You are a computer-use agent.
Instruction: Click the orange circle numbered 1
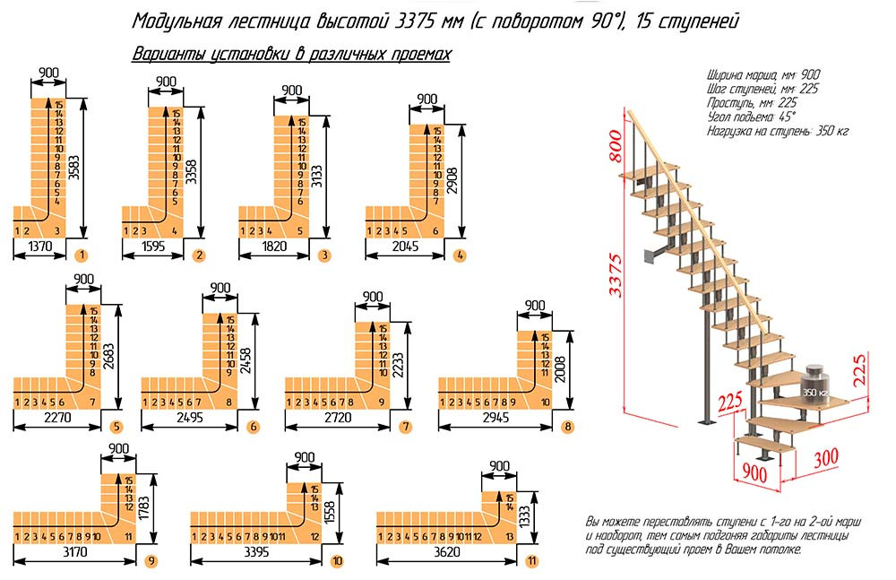(x=81, y=255)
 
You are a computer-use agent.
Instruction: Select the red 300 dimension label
(x=826, y=457)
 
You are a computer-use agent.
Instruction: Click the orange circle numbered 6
(x=254, y=427)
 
